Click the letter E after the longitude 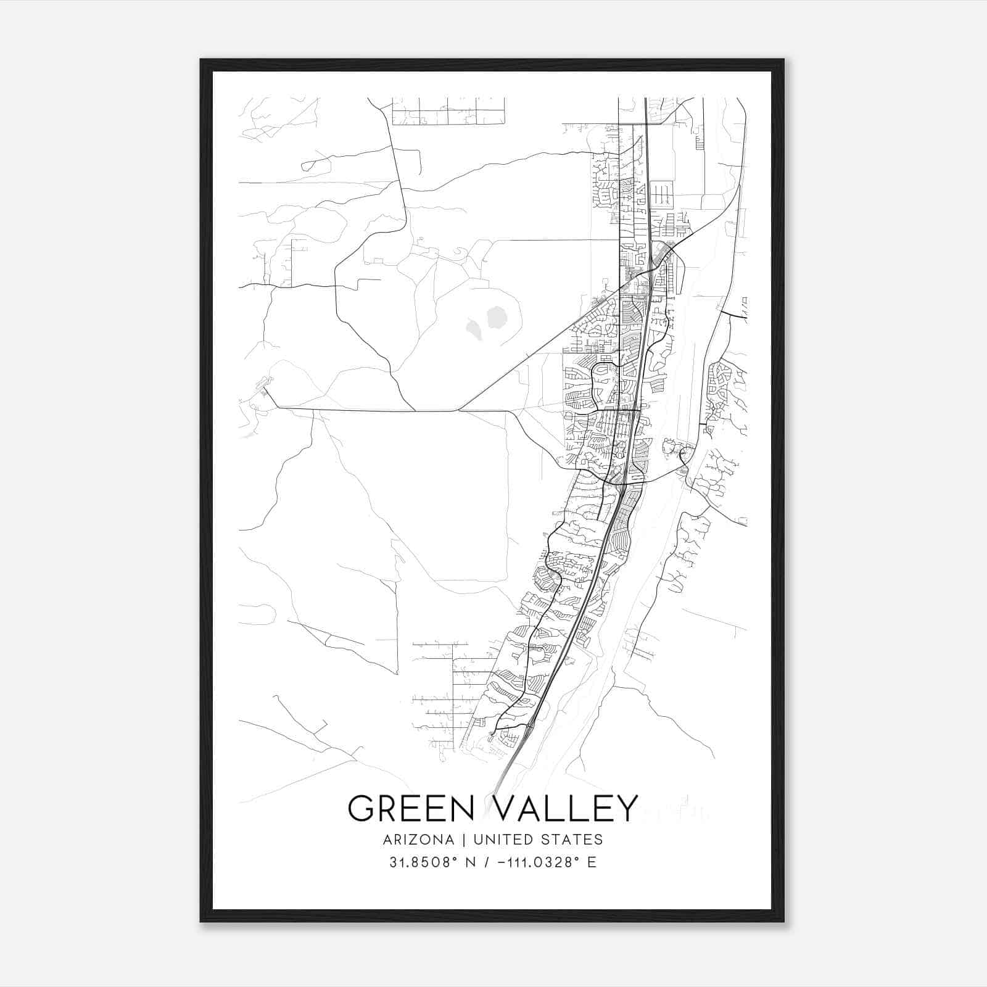pos(592,862)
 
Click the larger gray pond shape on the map pos(496,318)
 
